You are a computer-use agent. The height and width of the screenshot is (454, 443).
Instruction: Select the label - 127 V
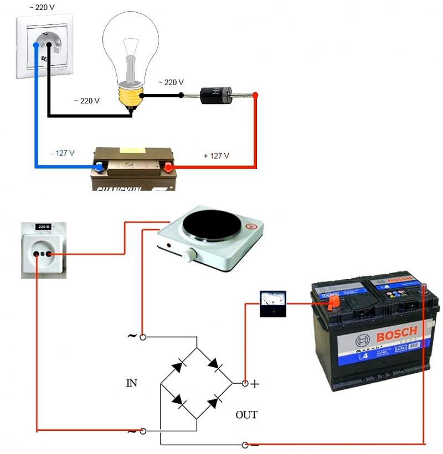(x=63, y=153)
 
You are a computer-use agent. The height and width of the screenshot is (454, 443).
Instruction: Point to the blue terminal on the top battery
(x=99, y=166)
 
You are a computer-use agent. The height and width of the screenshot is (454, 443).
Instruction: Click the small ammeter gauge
(x=273, y=304)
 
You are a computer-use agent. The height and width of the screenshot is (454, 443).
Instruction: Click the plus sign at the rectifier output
(x=255, y=384)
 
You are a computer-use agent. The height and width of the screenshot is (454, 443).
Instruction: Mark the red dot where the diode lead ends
(x=255, y=95)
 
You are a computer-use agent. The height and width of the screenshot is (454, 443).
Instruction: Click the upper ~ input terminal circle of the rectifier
(x=143, y=336)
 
